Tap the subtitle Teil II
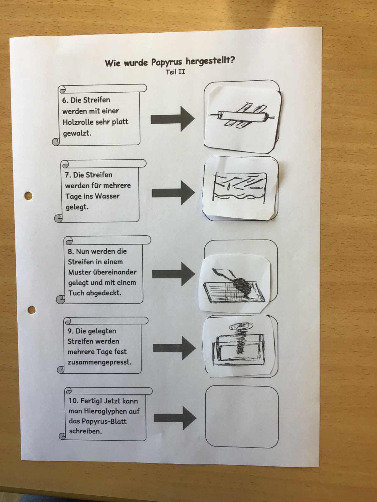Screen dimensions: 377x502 click(x=175, y=72)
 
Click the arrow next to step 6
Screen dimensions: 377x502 click(x=172, y=119)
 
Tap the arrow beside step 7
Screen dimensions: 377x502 click(x=173, y=193)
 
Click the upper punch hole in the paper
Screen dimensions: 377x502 click(x=28, y=196)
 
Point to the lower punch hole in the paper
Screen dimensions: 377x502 click(x=32, y=310)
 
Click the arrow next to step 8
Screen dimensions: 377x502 click(x=174, y=274)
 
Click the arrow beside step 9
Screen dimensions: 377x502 click(x=175, y=348)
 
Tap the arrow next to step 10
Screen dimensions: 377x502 click(x=175, y=418)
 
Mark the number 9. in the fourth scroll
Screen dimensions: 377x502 click(x=70, y=331)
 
